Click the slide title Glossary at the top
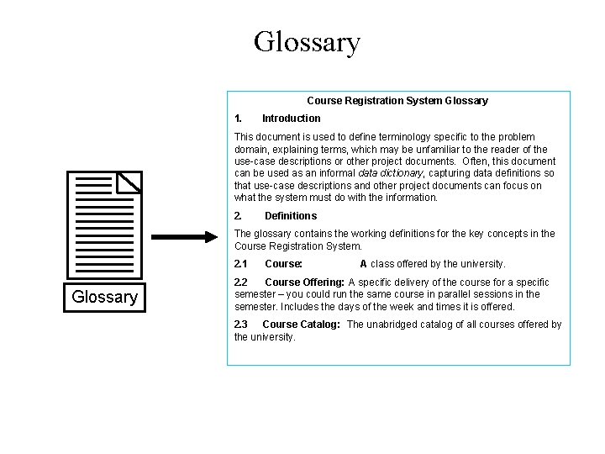point(307,41)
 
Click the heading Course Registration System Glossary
point(397,101)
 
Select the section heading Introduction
point(291,119)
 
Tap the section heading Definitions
point(290,216)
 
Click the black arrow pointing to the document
point(186,237)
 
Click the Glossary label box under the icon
point(104,297)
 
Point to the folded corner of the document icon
point(129,182)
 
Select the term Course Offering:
point(304,282)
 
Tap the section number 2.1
point(240,264)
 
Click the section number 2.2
point(240,282)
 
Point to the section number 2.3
point(240,325)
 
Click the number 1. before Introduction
point(239,119)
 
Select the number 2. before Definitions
point(239,216)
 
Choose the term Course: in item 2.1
point(283,264)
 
